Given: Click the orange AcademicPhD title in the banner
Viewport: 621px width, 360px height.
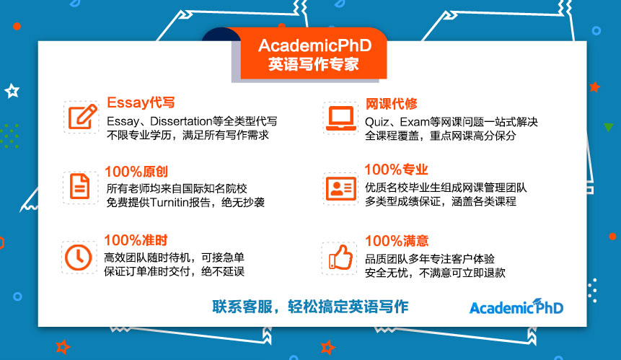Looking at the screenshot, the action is pos(315,45).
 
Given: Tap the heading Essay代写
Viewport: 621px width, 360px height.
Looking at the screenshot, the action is pos(141,102).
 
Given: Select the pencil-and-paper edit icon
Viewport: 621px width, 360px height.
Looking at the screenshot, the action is pos(82,116).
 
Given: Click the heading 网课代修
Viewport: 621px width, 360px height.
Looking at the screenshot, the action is pos(392,104).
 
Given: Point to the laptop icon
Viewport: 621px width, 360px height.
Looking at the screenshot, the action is pos(340,118).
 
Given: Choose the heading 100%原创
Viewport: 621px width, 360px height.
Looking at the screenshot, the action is pos(136,172).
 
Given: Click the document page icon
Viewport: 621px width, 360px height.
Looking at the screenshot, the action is pos(79,186).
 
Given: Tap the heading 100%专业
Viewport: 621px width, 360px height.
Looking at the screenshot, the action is pos(396,170).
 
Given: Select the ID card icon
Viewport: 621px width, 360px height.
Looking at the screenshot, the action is pos(341,188).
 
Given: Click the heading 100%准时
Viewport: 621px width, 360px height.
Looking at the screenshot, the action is pos(136,240).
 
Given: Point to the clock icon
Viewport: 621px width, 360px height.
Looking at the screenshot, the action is pos(79,258).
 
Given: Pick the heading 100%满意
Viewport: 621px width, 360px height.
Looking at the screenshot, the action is pos(397,241).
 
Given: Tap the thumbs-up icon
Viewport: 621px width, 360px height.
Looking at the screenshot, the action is pos(340,258).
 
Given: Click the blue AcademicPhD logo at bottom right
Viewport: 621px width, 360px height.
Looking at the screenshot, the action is pos(516,307).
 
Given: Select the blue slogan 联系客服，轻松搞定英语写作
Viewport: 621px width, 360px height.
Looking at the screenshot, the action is pos(310,307).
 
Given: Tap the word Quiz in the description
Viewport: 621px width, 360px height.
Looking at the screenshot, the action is pos(375,122).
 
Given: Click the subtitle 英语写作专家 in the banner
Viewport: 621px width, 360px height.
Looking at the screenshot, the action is pos(314,64).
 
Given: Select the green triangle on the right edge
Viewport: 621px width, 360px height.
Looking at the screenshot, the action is pos(609,128).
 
